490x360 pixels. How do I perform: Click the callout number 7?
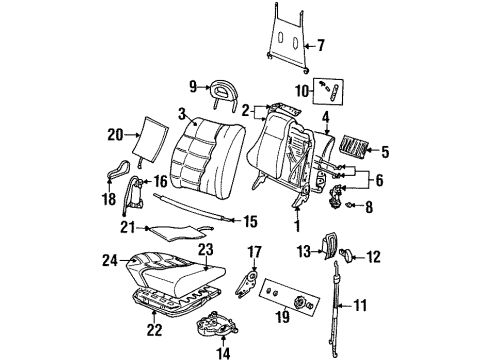[x=322, y=44]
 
